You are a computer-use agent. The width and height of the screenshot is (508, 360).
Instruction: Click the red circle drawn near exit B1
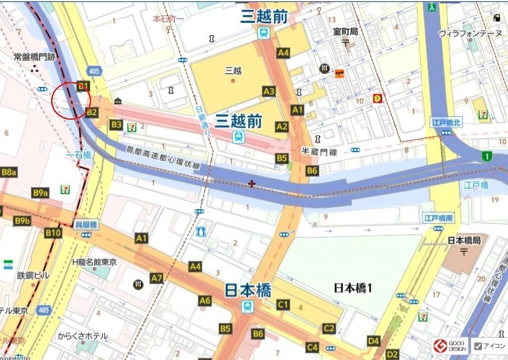click(70, 100)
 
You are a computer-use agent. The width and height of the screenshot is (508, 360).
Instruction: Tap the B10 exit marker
click(53, 233)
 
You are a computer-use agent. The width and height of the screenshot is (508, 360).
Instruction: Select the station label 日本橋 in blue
click(248, 290)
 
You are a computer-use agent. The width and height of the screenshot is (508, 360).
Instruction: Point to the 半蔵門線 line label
click(319, 153)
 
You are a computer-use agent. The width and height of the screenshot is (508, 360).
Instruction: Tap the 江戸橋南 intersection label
click(438, 218)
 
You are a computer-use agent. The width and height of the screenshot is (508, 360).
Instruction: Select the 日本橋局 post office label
click(464, 240)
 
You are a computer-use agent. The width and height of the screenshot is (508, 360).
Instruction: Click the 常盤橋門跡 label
click(34, 58)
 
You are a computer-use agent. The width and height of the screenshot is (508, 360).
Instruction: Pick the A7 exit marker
click(157, 278)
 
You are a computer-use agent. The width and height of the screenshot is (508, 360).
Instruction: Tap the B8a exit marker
click(9, 172)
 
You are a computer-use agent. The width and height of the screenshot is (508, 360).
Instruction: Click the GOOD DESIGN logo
click(449, 346)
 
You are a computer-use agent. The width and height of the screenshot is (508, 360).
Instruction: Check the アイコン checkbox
click(478, 346)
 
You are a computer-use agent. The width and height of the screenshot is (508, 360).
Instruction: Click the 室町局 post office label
click(346, 32)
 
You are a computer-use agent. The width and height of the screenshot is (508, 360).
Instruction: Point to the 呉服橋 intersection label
click(86, 225)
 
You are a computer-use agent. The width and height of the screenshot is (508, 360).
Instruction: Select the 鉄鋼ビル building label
click(33, 275)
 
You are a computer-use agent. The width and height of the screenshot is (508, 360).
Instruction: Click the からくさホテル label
click(82, 336)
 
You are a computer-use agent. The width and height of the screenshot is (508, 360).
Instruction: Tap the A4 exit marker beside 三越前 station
click(283, 53)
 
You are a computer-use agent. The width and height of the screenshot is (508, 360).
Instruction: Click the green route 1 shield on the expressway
click(487, 157)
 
